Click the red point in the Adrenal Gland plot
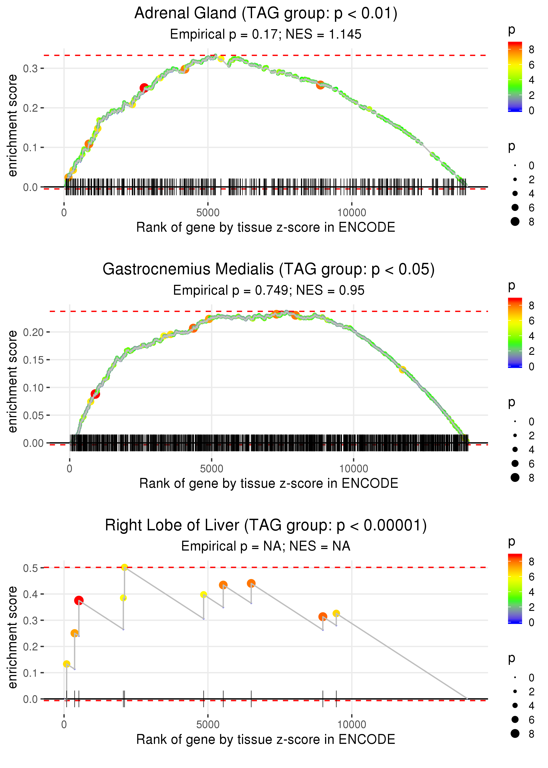[x=144, y=88]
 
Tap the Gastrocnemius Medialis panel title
[x=269, y=269]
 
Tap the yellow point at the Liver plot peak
[x=124, y=567]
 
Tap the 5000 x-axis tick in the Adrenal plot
[x=208, y=213]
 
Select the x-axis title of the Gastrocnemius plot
[x=269, y=484]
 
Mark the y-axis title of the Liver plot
[x=12, y=637]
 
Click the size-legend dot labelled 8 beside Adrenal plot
[x=515, y=222]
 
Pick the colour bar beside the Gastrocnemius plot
[x=515, y=333]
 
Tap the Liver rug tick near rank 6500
[x=251, y=698]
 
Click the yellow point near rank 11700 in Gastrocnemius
[x=402, y=370]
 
